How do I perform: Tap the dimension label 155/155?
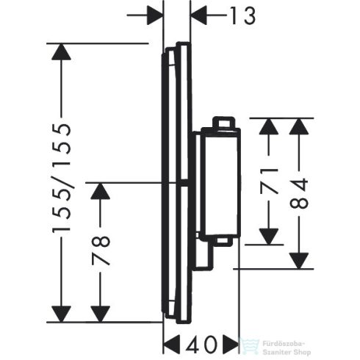coord(63,179)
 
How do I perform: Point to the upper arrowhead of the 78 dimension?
coord(101,192)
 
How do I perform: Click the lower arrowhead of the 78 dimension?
coord(101,312)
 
